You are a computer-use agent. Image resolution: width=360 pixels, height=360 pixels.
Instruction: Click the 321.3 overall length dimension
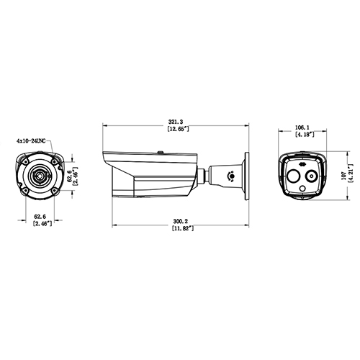(x=176, y=122)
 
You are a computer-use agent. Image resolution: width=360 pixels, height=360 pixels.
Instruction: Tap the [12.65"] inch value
(x=176, y=130)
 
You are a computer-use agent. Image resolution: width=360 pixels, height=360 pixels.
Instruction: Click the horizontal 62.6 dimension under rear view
(x=40, y=216)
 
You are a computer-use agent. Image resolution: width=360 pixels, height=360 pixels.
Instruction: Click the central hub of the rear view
(x=39, y=174)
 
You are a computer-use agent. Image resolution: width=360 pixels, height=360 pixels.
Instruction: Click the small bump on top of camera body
(x=160, y=151)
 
